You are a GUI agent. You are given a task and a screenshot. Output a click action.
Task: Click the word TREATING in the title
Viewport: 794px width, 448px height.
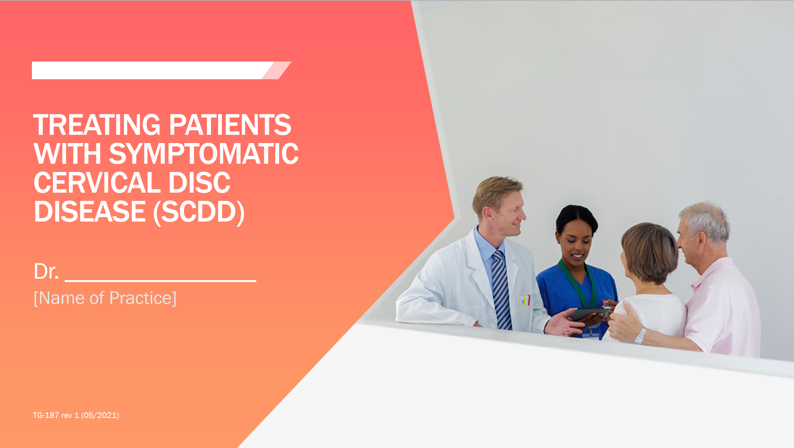click(x=97, y=125)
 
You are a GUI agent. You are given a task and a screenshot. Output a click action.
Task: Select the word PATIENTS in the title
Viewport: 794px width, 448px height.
click(x=230, y=125)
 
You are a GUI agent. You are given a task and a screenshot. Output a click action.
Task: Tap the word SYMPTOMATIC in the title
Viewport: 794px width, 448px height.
click(x=203, y=154)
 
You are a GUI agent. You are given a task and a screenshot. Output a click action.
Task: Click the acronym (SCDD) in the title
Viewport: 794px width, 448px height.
click(x=199, y=212)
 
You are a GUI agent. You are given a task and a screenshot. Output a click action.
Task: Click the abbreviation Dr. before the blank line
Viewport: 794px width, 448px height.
click(x=46, y=271)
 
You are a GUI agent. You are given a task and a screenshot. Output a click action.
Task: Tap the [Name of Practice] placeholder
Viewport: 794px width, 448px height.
click(x=105, y=298)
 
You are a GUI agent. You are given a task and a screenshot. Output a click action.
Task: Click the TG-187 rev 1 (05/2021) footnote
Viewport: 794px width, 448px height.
click(x=76, y=415)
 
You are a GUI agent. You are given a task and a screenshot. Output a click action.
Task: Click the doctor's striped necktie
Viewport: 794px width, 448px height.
click(x=502, y=289)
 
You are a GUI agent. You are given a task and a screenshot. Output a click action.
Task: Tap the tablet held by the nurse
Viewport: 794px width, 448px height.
click(x=589, y=313)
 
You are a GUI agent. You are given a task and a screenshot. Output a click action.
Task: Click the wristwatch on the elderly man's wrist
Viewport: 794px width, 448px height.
click(x=640, y=335)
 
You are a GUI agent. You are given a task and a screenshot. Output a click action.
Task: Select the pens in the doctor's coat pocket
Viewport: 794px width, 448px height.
click(x=526, y=300)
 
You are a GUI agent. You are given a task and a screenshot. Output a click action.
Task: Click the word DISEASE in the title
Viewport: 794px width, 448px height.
click(x=90, y=212)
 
